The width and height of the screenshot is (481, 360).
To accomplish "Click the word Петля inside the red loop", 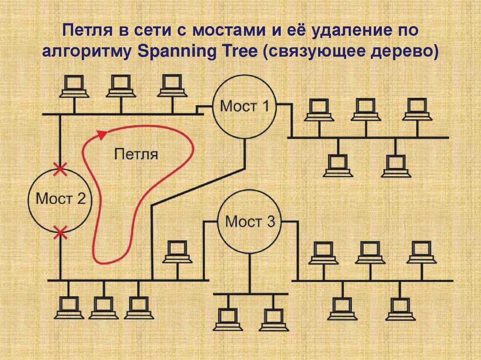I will point(136,154).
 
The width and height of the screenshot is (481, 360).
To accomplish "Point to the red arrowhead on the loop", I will point(101,135).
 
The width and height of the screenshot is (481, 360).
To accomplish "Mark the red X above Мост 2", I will point(60,169).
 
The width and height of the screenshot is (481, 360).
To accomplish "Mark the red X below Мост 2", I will point(60,231).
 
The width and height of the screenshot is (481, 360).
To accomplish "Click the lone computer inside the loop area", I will point(177,252).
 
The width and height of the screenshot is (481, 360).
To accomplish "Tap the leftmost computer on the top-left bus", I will point(74,86).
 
